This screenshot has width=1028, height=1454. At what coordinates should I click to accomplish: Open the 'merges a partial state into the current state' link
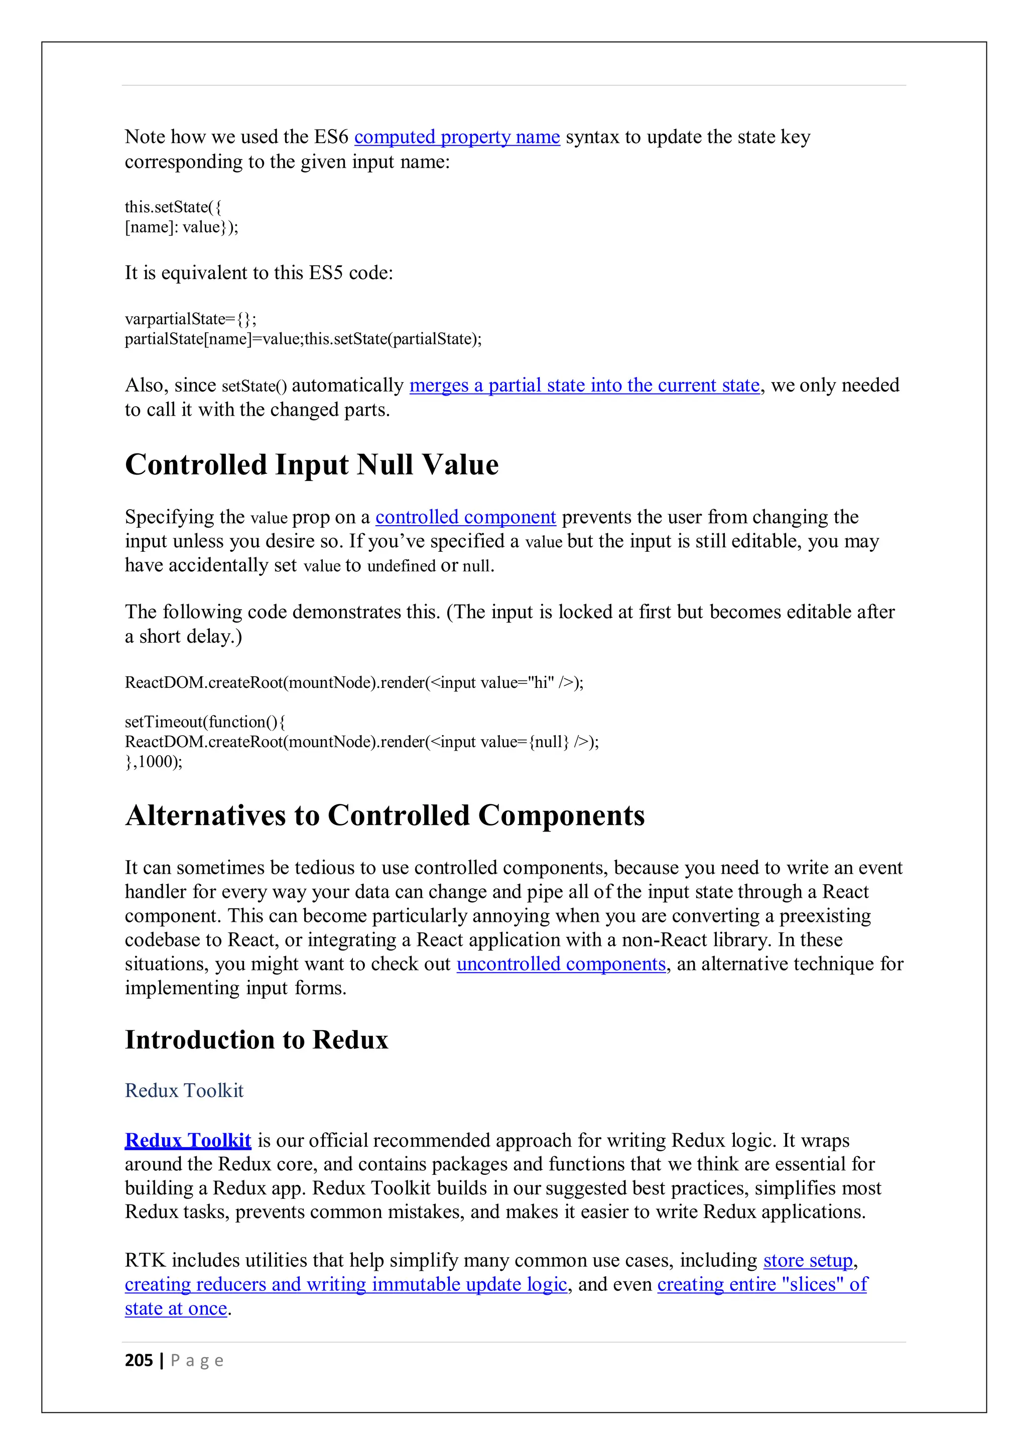(584, 385)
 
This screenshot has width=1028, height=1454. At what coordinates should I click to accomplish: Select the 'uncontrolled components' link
(561, 964)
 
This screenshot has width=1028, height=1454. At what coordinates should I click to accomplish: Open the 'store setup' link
(808, 1260)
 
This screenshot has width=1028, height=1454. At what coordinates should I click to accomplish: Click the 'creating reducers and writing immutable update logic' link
(346, 1284)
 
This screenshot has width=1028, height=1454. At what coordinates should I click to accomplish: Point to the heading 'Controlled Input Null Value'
(311, 465)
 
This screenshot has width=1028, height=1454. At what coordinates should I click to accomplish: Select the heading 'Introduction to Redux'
(256, 1040)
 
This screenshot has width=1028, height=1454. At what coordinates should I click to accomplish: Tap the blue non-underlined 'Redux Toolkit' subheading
(184, 1090)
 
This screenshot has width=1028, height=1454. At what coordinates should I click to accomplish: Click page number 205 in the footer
(139, 1360)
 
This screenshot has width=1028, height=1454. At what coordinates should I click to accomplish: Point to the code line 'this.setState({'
(173, 207)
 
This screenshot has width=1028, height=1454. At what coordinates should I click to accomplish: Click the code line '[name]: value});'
(181, 227)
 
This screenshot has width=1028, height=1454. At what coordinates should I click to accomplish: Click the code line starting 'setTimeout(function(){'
(205, 722)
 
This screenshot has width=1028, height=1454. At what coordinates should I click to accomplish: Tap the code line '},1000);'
(153, 761)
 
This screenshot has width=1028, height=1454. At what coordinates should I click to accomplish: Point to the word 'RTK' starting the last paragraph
(145, 1260)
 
